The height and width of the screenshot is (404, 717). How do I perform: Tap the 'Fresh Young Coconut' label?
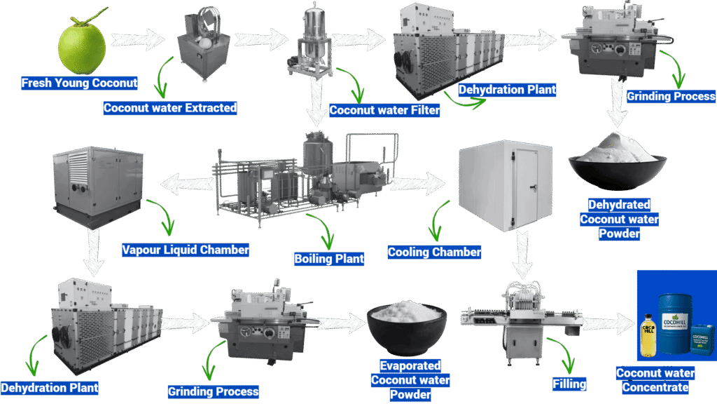pos(79,83)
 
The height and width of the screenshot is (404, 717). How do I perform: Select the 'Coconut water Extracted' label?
pos(170,108)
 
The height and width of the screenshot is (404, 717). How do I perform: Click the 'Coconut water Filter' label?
pos(384,110)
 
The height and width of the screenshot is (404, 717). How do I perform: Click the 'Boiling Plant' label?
pos(329,259)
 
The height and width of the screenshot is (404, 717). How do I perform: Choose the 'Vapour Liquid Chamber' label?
pos(186,250)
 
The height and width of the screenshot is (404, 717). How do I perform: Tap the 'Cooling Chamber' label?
pos(434,252)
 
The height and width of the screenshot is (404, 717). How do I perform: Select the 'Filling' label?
pos(569,384)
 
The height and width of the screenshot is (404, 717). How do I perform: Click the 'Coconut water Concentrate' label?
pos(655,380)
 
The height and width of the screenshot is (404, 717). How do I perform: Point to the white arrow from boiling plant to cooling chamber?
pos(419,184)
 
